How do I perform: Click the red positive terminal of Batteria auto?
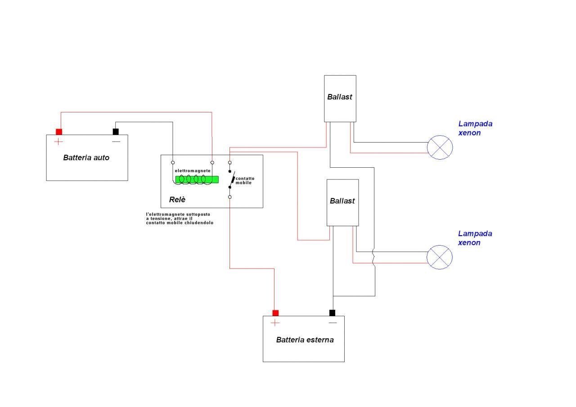click(59, 132)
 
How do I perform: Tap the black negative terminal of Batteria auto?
click(116, 132)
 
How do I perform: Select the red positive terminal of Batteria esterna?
click(275, 313)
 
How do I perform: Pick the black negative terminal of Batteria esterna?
click(332, 313)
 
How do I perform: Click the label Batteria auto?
click(86, 157)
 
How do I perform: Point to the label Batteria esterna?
click(305, 340)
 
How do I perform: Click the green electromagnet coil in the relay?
click(197, 179)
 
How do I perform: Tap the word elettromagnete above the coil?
click(193, 170)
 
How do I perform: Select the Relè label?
click(177, 199)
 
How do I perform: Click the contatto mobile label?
click(245, 180)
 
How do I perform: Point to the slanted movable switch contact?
click(233, 179)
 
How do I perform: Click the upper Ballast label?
click(339, 97)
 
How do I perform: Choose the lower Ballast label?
click(342, 201)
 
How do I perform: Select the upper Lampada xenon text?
click(475, 128)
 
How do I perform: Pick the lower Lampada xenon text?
click(475, 238)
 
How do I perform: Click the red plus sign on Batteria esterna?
click(275, 323)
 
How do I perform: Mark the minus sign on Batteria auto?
click(116, 142)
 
